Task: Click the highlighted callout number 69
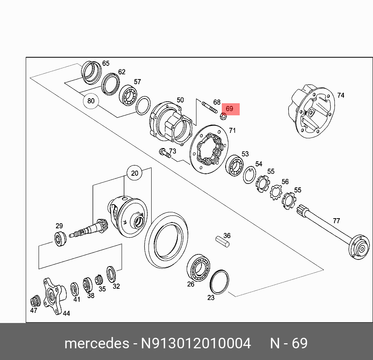230,109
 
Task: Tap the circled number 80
91,101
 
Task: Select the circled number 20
134,173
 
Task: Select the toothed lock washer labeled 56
276,192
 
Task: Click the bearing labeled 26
199,267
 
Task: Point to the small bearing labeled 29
60,238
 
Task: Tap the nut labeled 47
35,301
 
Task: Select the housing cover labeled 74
311,111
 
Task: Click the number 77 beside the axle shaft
336,221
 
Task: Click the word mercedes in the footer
97,343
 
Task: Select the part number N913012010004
196,343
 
